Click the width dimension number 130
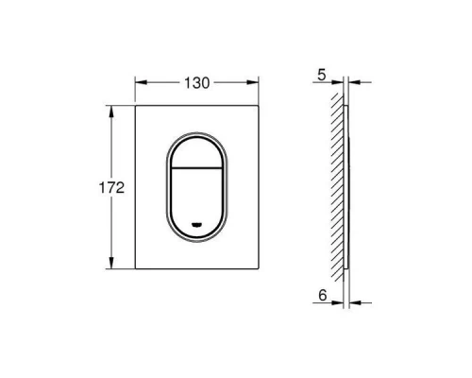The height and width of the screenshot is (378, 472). [x=197, y=82]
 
